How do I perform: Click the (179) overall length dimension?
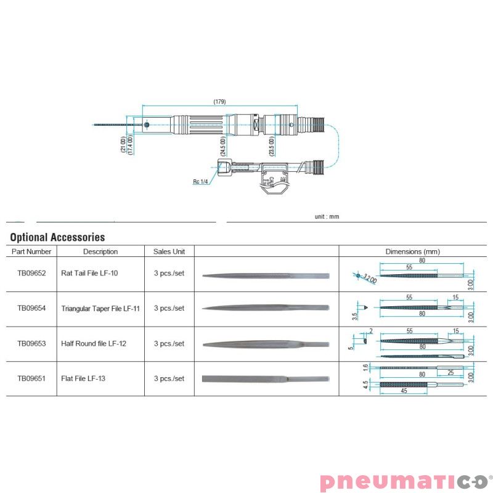pyautogui.click(x=219, y=101)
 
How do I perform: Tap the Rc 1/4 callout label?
pyautogui.click(x=200, y=182)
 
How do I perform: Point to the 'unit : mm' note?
pyautogui.click(x=327, y=216)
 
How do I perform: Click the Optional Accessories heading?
pyautogui.click(x=57, y=237)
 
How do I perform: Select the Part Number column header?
pyautogui.click(x=31, y=251)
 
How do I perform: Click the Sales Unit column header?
pyautogui.click(x=169, y=251)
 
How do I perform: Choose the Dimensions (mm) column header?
pyautogui.click(x=412, y=251)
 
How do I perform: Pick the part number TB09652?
pyautogui.click(x=31, y=273)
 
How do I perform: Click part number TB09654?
pyautogui.click(x=31, y=308)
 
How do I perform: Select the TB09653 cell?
pyautogui.click(x=31, y=343)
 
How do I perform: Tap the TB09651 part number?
pyautogui.click(x=31, y=378)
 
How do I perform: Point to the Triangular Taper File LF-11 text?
pyautogui.click(x=101, y=308)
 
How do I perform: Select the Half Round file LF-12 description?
pyautogui.click(x=94, y=343)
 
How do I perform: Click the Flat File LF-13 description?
pyautogui.click(x=83, y=378)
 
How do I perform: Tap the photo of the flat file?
pyautogui.click(x=266, y=378)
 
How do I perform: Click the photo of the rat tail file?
pyautogui.click(x=266, y=275)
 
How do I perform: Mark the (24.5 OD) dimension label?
pyautogui.click(x=223, y=146)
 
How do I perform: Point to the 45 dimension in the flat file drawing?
pyautogui.click(x=404, y=391)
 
